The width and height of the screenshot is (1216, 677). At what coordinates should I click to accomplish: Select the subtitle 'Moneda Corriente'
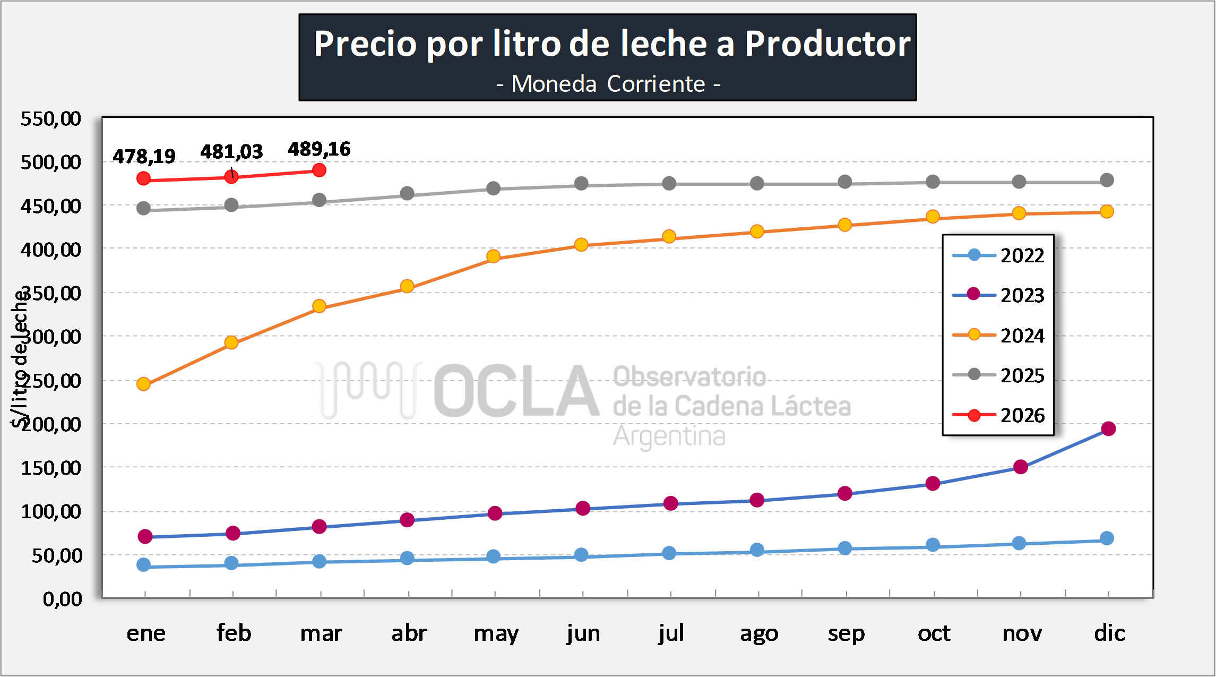coord(608,84)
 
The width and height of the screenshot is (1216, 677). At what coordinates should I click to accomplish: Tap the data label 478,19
coord(144,157)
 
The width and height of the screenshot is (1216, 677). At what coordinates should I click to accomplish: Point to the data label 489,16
coord(319,149)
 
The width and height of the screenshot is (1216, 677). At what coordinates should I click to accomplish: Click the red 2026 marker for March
coord(319,170)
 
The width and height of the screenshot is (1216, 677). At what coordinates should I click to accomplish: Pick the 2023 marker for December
coord(1108,429)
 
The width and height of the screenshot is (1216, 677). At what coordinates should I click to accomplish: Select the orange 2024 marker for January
coord(143,384)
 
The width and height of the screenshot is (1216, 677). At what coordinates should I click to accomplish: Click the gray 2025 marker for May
coord(494,188)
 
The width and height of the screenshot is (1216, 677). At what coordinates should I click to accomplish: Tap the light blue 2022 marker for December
coord(1107,538)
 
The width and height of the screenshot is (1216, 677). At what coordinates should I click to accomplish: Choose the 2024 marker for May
coord(494,257)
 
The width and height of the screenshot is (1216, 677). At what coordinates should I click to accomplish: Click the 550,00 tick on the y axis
coord(51,118)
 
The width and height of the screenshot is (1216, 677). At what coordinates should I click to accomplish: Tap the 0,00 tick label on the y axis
coord(63,599)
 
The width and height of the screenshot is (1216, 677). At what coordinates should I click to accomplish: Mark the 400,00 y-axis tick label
coord(51,250)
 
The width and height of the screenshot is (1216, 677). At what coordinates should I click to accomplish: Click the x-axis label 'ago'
coord(759,633)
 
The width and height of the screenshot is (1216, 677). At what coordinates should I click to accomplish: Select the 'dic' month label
coord(1109,633)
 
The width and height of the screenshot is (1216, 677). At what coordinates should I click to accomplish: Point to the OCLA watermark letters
coord(516,391)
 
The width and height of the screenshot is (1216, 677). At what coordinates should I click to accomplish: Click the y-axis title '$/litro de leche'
coord(20,358)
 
